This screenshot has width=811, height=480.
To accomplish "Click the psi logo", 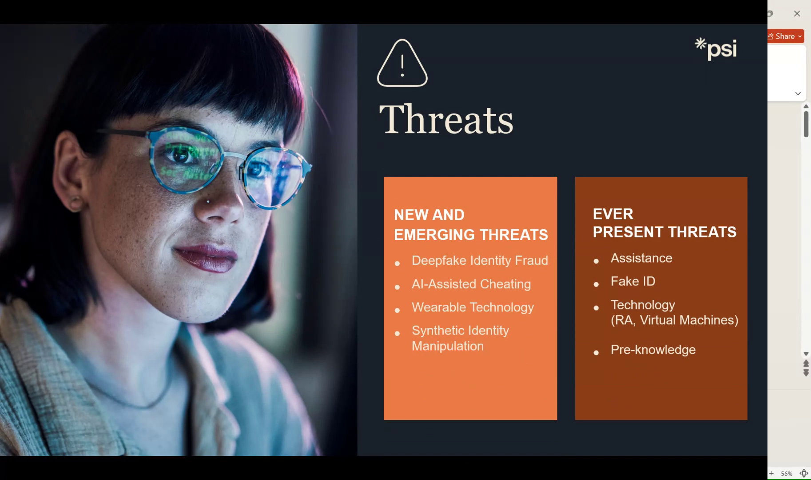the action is pyautogui.click(x=716, y=49).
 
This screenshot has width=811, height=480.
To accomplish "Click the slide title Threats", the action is pyautogui.click(x=446, y=119).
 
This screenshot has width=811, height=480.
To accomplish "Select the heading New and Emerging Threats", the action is pyautogui.click(x=471, y=224).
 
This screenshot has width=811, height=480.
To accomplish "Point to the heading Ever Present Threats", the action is pyautogui.click(x=664, y=223).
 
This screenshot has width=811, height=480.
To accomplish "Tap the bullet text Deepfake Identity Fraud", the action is pyautogui.click(x=480, y=260).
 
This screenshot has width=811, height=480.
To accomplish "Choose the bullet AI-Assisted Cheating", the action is pyautogui.click(x=471, y=284).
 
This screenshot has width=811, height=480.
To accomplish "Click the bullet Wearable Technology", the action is pyautogui.click(x=473, y=307).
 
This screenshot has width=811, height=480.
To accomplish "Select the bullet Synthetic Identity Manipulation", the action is pyautogui.click(x=460, y=338).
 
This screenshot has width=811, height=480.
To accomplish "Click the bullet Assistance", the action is pyautogui.click(x=641, y=258).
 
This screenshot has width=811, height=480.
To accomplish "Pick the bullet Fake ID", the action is pyautogui.click(x=633, y=281).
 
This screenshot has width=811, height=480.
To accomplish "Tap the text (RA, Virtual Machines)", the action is pyautogui.click(x=674, y=320).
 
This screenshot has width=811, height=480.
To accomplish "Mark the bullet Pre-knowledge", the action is pyautogui.click(x=653, y=350).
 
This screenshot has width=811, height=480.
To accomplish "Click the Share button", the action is pyautogui.click(x=785, y=36).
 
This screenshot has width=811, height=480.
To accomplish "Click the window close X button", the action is pyautogui.click(x=797, y=13).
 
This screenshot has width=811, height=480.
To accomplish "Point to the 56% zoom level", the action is pyautogui.click(x=787, y=474).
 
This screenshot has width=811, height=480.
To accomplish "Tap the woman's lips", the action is pyautogui.click(x=206, y=258).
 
